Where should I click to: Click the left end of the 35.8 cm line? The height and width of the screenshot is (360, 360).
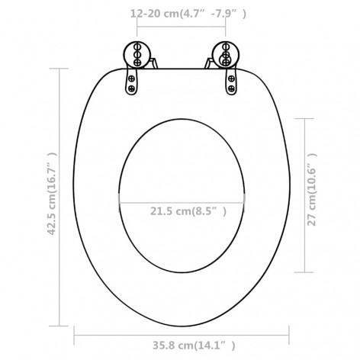pyautogui.click(x=76, y=330)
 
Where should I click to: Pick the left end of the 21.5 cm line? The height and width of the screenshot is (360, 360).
pyautogui.click(x=119, y=202)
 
